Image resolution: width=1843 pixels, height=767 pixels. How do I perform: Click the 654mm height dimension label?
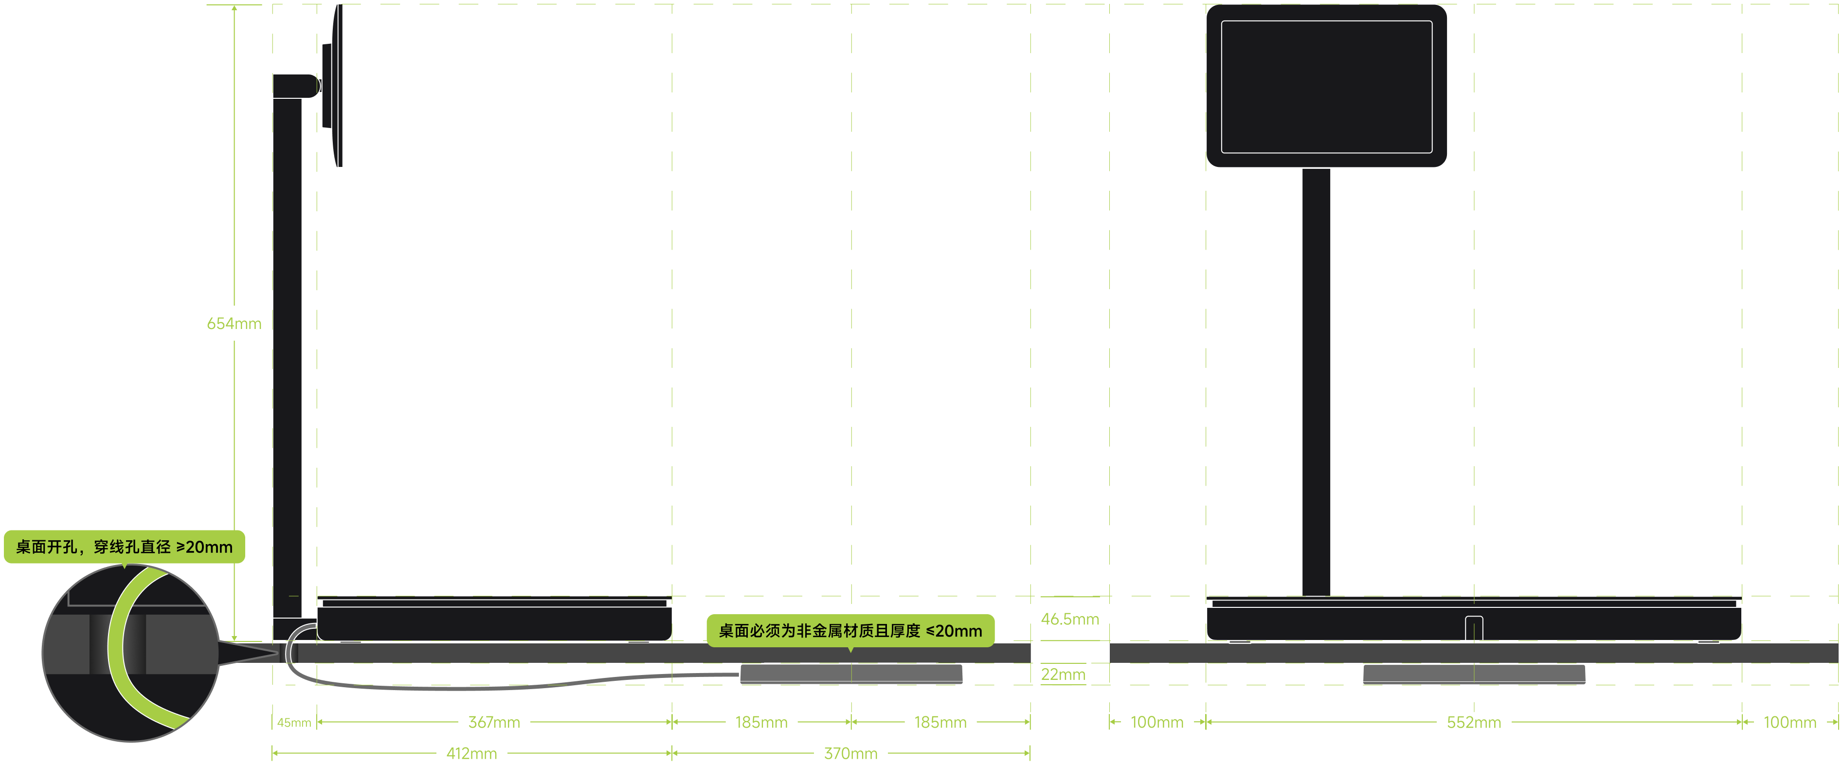click(x=234, y=324)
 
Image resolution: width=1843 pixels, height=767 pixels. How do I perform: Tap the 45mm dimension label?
click(x=294, y=723)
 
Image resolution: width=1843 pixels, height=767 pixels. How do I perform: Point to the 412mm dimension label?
click(x=471, y=753)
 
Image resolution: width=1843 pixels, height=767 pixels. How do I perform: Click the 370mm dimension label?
click(x=850, y=753)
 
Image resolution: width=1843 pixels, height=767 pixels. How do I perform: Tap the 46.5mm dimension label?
click(x=1069, y=619)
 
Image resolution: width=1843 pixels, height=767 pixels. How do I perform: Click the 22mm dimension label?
click(x=1063, y=674)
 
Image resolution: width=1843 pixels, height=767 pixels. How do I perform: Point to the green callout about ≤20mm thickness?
click(x=850, y=630)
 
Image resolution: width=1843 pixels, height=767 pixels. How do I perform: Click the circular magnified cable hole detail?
click(x=130, y=653)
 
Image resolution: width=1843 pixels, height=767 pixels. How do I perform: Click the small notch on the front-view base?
click(x=1474, y=627)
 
